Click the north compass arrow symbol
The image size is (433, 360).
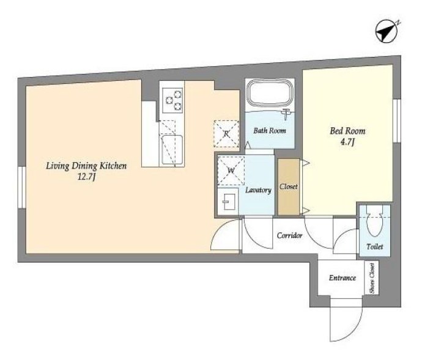pos(387,31)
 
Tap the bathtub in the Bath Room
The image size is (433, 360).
pos(270,95)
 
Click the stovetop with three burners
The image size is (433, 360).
pos(172,100)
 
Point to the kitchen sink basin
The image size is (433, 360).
pos(172,150)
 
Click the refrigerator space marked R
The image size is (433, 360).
pos(226,134)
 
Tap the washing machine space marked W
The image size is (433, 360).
pos(231,171)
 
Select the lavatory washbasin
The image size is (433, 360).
pos(228,201)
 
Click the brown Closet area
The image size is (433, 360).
pos(289,187)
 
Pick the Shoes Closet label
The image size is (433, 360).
pos(372,278)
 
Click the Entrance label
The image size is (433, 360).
pos(342,277)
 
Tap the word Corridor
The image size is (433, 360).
pos(289,235)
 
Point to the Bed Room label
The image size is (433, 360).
pos(347,131)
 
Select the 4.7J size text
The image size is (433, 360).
pos(347,142)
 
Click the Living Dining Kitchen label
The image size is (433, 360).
pos(86,166)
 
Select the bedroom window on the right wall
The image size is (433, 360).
pos(397,120)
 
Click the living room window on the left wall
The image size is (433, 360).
pos(22,186)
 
